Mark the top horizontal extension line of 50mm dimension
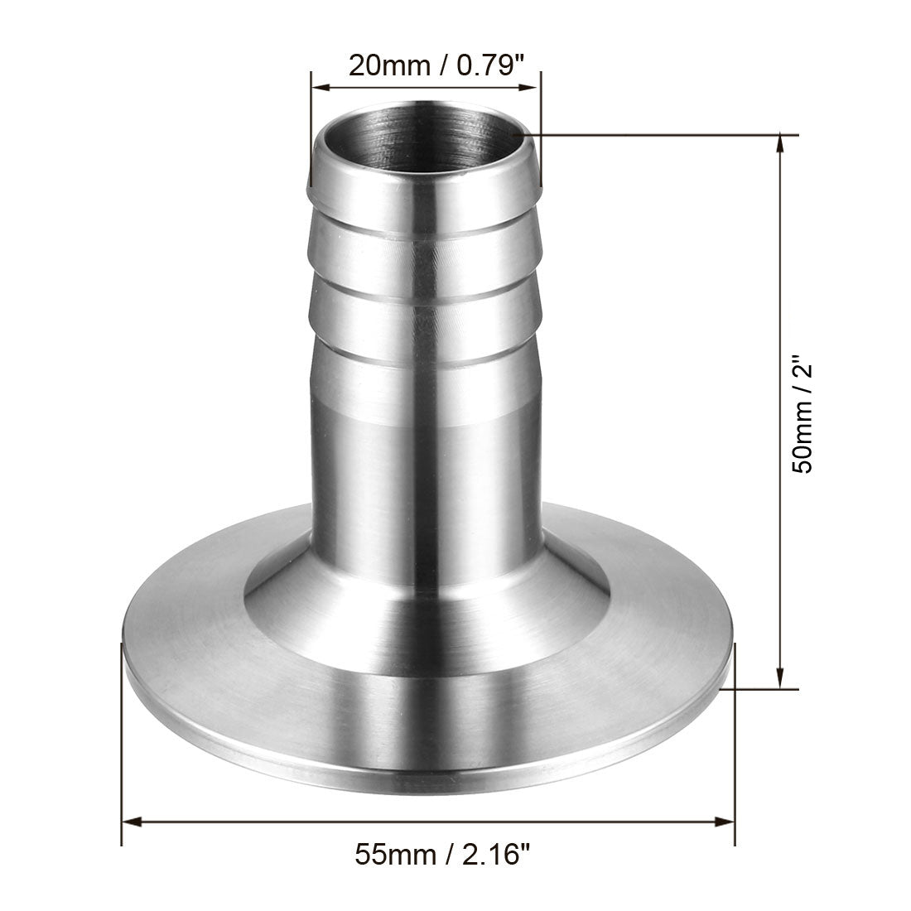click(663, 134)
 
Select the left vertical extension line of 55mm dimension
click(123, 745)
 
